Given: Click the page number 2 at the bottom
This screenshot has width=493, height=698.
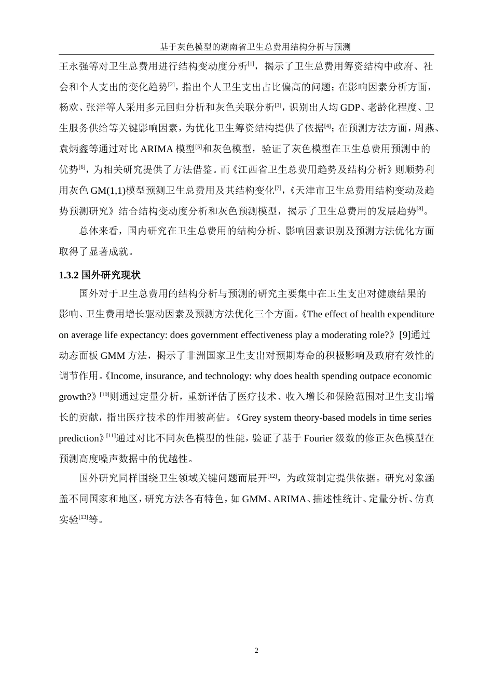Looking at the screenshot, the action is (256, 651).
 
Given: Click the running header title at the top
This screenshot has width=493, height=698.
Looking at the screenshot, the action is (255, 47).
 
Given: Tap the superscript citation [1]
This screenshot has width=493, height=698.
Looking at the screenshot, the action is (251, 64).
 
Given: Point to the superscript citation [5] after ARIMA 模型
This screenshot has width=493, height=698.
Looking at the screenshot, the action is (198, 146).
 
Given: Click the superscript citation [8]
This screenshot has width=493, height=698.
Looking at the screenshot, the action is (420, 208).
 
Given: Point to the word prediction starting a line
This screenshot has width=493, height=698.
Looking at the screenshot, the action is (78, 438).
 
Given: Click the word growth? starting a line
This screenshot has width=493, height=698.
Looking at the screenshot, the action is (76, 397).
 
